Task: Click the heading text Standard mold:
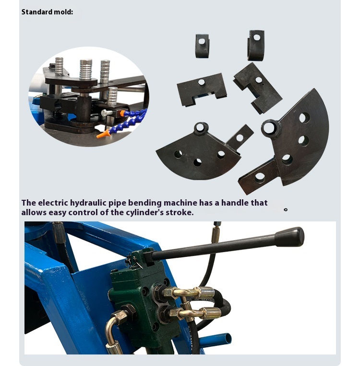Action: [x=47, y=12]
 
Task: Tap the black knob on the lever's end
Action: [x=289, y=237]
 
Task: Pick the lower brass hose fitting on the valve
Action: [x=192, y=313]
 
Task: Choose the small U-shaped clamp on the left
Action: [x=202, y=46]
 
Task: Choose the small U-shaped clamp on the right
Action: [x=256, y=45]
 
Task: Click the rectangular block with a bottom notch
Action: [x=202, y=89]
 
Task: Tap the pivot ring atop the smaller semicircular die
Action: [x=201, y=129]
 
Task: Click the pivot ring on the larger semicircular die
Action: [x=270, y=128]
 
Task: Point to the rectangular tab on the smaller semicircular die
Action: [x=240, y=137]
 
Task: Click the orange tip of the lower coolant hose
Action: [x=101, y=135]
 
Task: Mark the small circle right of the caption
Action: [x=286, y=209]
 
